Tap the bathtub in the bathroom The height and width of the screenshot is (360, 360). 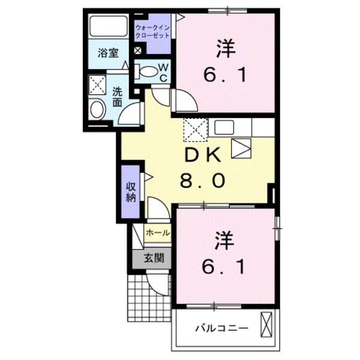coord(108,27)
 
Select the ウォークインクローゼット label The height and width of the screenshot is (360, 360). coord(151,31)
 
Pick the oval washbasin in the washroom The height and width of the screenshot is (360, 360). coord(97,110)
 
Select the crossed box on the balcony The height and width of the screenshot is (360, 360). coord(266,328)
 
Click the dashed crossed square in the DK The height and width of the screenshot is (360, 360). coord(195,128)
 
